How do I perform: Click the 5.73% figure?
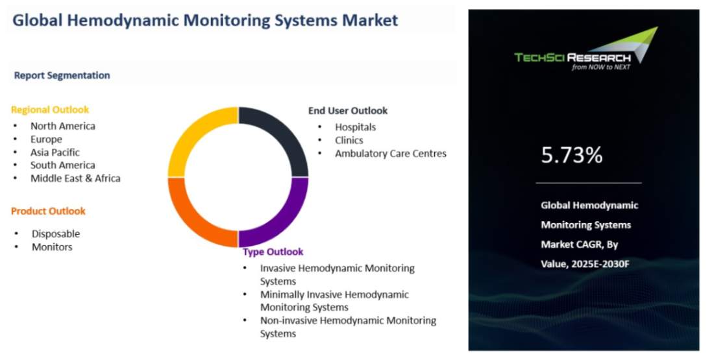[x=571, y=155]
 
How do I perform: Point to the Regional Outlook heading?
[x=50, y=110]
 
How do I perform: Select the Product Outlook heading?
[x=48, y=211]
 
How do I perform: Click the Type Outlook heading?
[x=273, y=252]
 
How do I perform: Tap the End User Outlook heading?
[x=348, y=110]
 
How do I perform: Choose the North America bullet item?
[x=63, y=126]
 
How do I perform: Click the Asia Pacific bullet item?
[x=55, y=152]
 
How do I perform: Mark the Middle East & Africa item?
[x=75, y=178]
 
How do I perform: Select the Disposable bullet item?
[x=56, y=234]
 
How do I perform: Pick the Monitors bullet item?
[x=52, y=247]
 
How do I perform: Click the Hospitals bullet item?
[x=355, y=127]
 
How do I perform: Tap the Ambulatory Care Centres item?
[x=391, y=154]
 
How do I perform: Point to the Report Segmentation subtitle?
[x=62, y=75]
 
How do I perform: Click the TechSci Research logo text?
[x=572, y=58]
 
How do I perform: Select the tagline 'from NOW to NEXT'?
[x=601, y=67]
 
